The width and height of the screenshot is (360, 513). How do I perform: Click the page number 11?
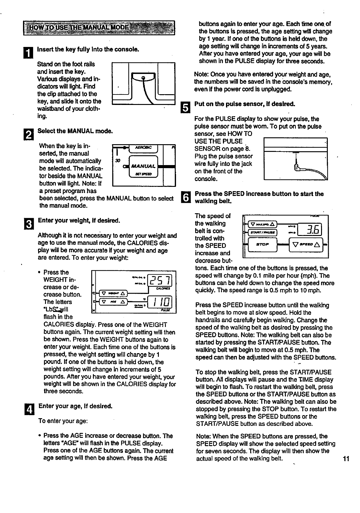pyautogui.click(x=346, y=459)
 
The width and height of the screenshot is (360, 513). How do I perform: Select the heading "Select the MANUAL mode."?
pyautogui.click(x=75, y=131)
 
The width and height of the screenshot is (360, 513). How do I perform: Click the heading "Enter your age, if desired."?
pyautogui.click(x=75, y=406)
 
